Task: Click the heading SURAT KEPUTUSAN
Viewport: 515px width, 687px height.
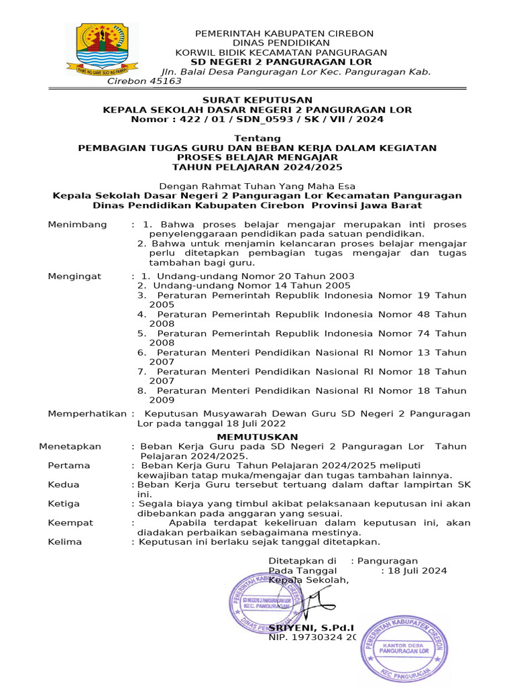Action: tap(257, 100)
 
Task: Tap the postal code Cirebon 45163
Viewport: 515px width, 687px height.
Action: tap(145, 81)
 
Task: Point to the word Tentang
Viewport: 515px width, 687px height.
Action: tap(257, 138)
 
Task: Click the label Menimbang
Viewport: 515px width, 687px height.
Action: tap(77, 224)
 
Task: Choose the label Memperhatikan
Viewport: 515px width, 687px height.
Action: tap(87, 414)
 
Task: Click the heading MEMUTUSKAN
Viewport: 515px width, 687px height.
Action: tap(257, 437)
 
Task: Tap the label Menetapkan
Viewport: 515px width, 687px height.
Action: tap(70, 446)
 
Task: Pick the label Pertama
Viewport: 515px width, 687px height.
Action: tap(69, 465)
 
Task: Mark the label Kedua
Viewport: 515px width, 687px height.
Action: tap(64, 484)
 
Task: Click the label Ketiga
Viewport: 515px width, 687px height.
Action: tap(64, 503)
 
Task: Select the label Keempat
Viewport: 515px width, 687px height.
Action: tap(70, 523)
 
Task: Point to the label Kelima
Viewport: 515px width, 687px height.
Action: tap(65, 541)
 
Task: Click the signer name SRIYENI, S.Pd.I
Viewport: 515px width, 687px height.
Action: tap(310, 627)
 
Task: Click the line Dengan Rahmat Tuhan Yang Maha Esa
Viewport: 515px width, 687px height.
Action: tap(257, 186)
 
